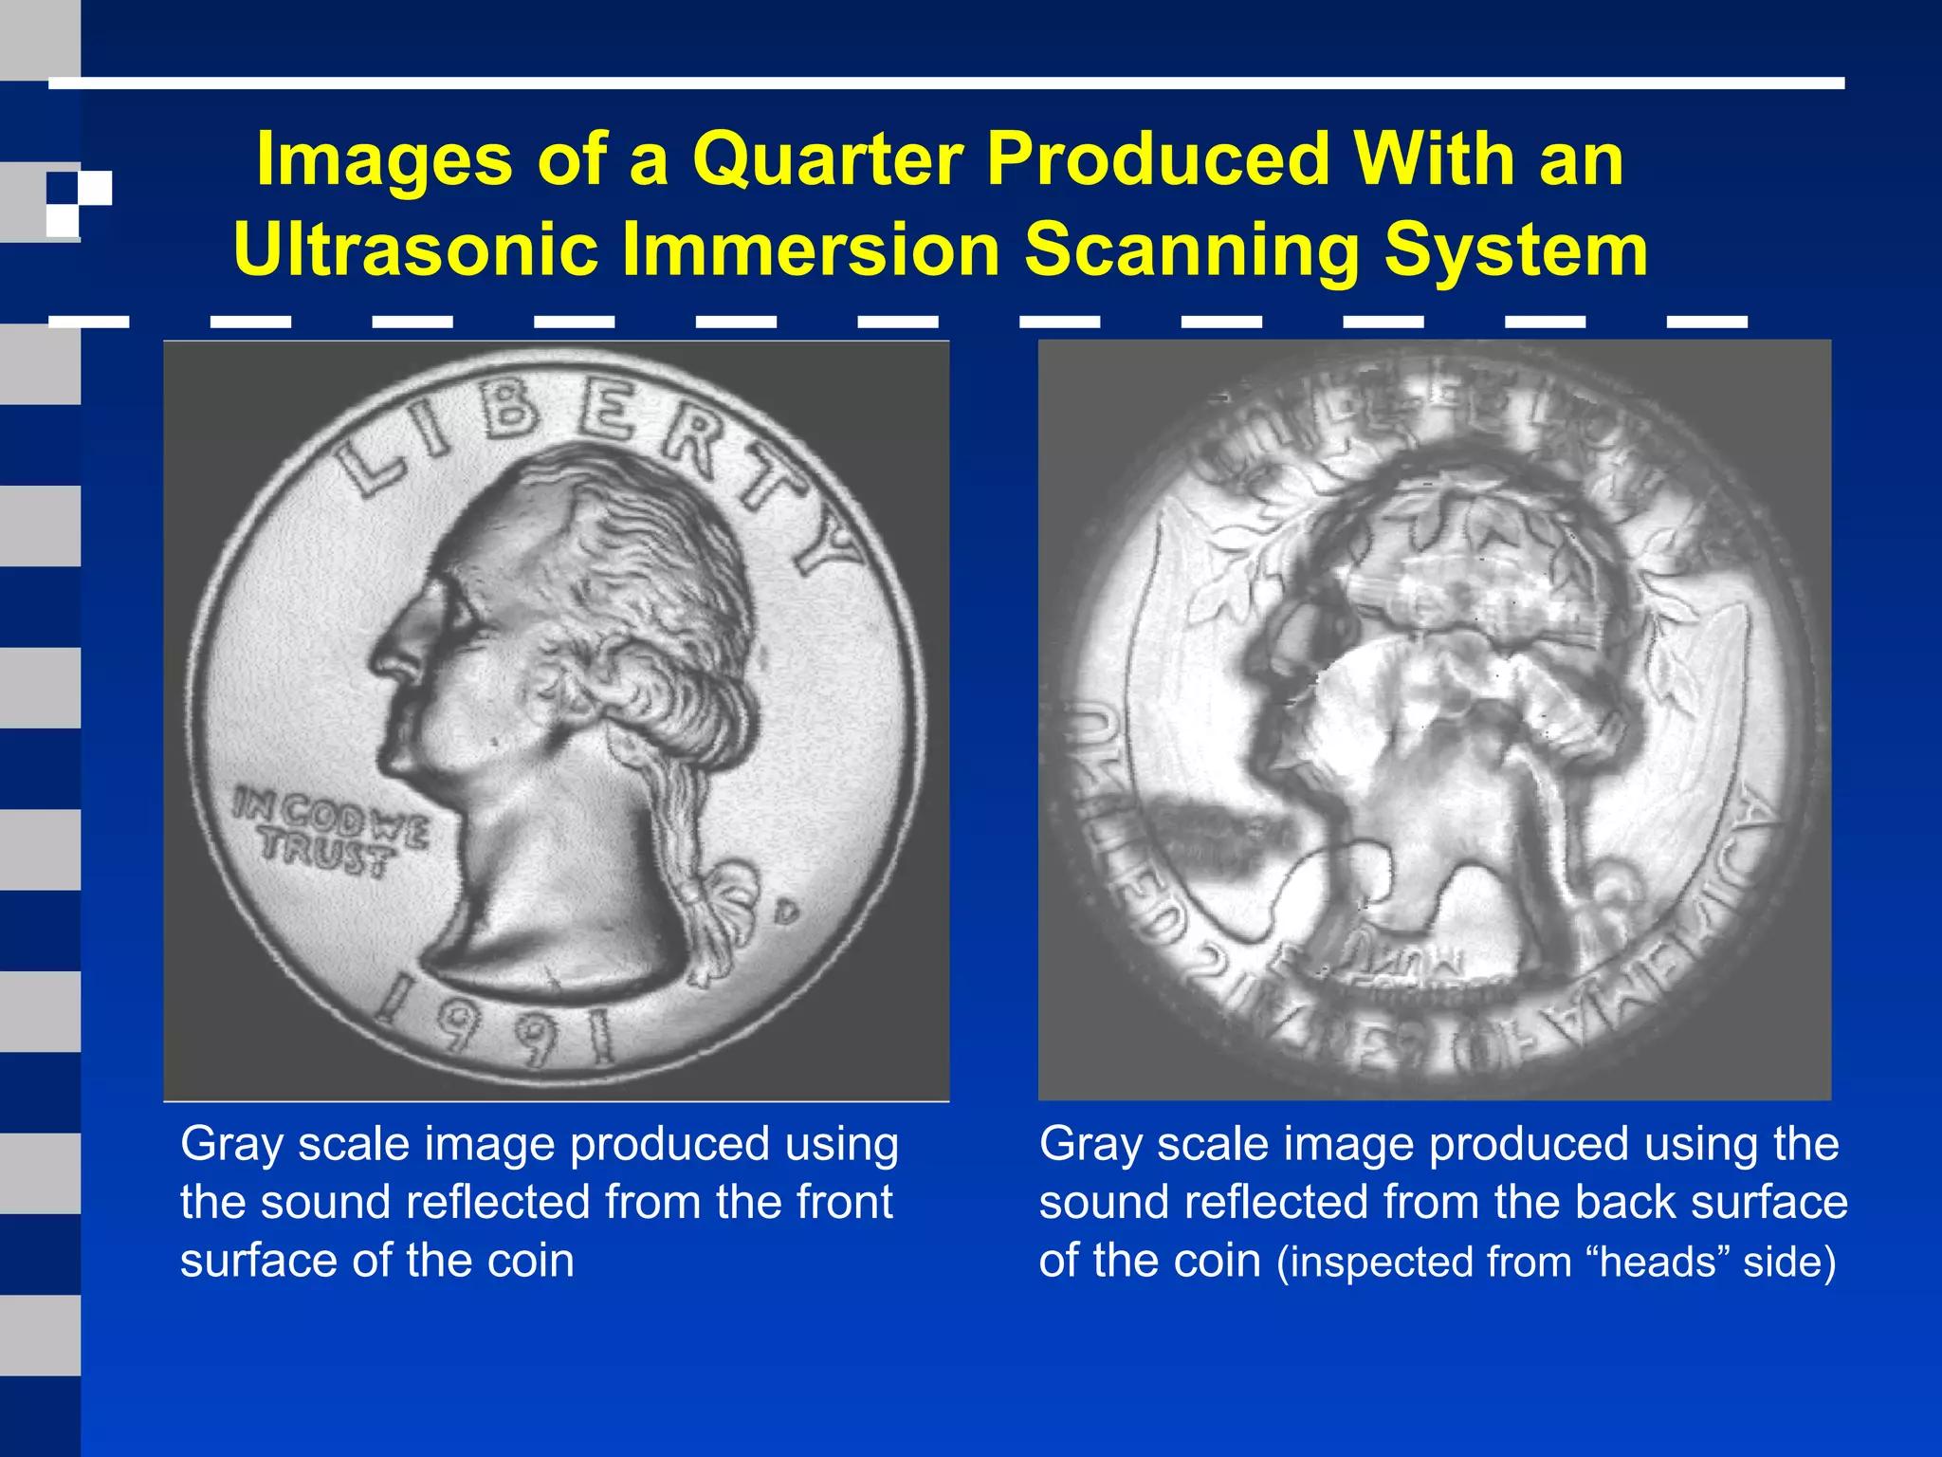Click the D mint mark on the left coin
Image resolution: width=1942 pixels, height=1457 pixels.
pos(786,913)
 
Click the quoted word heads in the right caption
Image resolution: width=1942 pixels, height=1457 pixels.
pos(1658,1263)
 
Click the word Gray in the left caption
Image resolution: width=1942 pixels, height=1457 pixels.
pos(231,1144)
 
